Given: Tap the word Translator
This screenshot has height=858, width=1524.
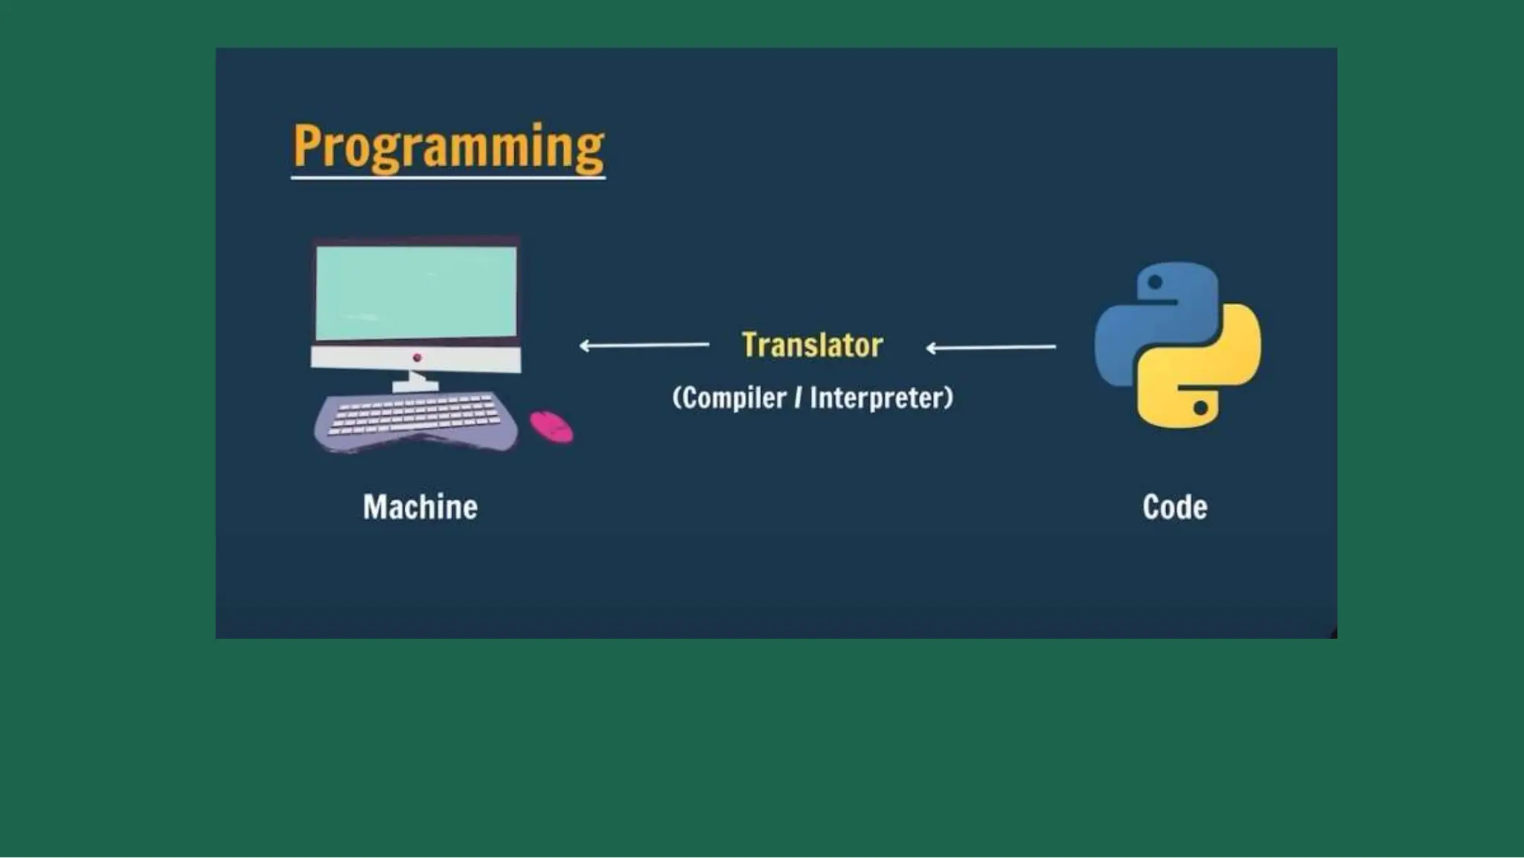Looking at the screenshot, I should pos(812,345).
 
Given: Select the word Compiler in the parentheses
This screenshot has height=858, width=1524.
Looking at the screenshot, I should pos(734,398).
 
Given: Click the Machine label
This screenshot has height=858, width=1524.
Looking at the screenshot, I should pos(420,508).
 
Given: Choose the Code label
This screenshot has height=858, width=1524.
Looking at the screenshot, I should pos(1174,508).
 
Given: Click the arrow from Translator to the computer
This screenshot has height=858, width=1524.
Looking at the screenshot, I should pos(644,345).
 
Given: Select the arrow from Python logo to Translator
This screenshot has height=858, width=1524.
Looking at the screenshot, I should pos(990,347).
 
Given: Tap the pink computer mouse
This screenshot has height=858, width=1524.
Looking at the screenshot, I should pos(551,426).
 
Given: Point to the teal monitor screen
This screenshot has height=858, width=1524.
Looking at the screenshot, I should pos(415,292).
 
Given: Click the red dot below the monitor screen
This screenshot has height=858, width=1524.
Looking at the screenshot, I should pos(417,358).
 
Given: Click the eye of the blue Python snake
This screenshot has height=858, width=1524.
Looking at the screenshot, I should pos(1155,282).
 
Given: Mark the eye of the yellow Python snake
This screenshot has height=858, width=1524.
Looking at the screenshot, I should pos(1200,408).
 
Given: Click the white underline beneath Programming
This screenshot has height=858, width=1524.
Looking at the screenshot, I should pos(448,178).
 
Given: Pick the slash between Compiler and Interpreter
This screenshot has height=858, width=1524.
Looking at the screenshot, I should pos(798,398).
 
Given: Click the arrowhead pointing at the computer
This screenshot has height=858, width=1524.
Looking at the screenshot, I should pos(585,345).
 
